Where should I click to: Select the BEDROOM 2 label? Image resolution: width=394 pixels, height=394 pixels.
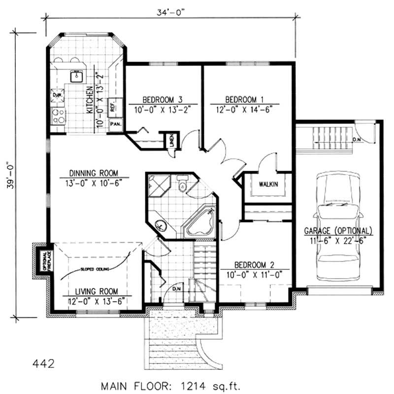253,264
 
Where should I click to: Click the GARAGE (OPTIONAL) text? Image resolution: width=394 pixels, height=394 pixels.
338,231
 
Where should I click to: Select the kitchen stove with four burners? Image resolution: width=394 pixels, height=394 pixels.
58,117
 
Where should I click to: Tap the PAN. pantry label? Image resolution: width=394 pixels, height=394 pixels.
116,124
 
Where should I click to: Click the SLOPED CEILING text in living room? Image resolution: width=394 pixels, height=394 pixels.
96,269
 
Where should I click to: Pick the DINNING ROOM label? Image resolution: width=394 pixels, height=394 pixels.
94,173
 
